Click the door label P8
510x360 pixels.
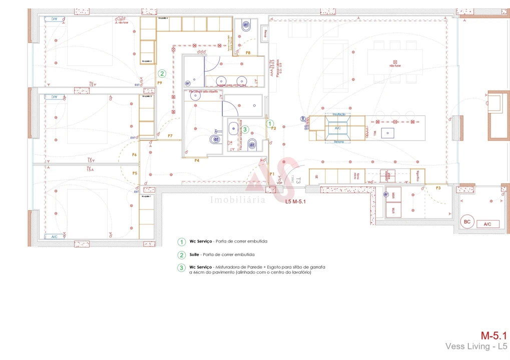coord(248,52)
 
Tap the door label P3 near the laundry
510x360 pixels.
coord(438,187)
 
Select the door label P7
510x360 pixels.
coord(170,136)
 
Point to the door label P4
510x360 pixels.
coord(197,160)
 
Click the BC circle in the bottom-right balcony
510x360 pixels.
coord(467,221)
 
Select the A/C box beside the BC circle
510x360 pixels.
coord(487,224)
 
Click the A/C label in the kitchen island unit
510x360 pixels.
coord(337,128)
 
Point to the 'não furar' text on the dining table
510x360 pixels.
coord(395,65)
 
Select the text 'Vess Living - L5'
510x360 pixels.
coord(476,346)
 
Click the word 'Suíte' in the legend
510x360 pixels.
coord(195,254)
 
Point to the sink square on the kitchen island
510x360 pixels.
coord(387,132)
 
